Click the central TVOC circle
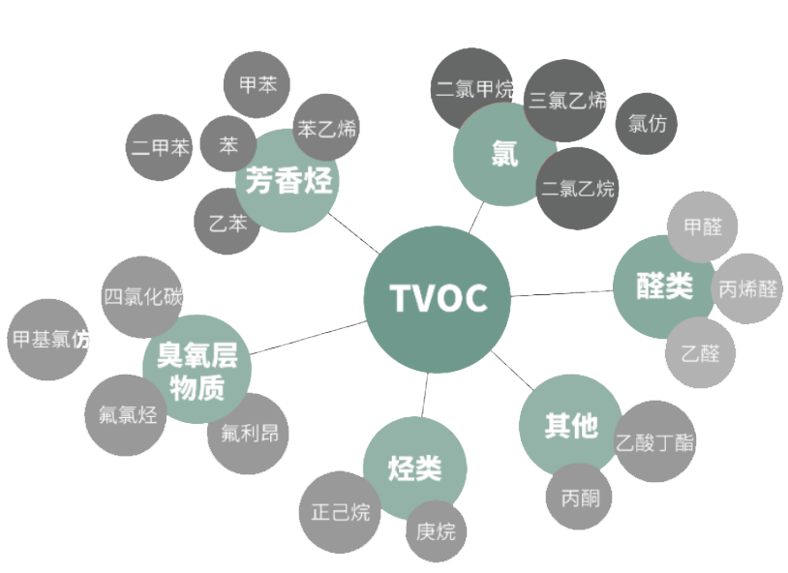[x=438, y=299]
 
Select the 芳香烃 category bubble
[x=288, y=181]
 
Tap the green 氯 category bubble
[x=503, y=154]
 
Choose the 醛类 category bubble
[x=664, y=286]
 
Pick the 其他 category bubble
[x=570, y=425]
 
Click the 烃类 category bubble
[x=414, y=469]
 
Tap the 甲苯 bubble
[x=258, y=85]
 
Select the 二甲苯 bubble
[x=160, y=148]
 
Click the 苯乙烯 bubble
[x=327, y=128]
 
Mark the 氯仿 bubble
[x=647, y=124]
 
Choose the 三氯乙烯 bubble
[x=567, y=100]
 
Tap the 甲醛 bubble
[x=703, y=226]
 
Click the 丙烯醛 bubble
[x=747, y=288]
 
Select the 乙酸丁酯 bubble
[x=654, y=442]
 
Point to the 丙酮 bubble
[x=580, y=498]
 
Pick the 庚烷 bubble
[x=436, y=531]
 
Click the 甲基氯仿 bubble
[x=48, y=340]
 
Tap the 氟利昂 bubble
[x=248, y=433]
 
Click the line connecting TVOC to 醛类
[x=561, y=292]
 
